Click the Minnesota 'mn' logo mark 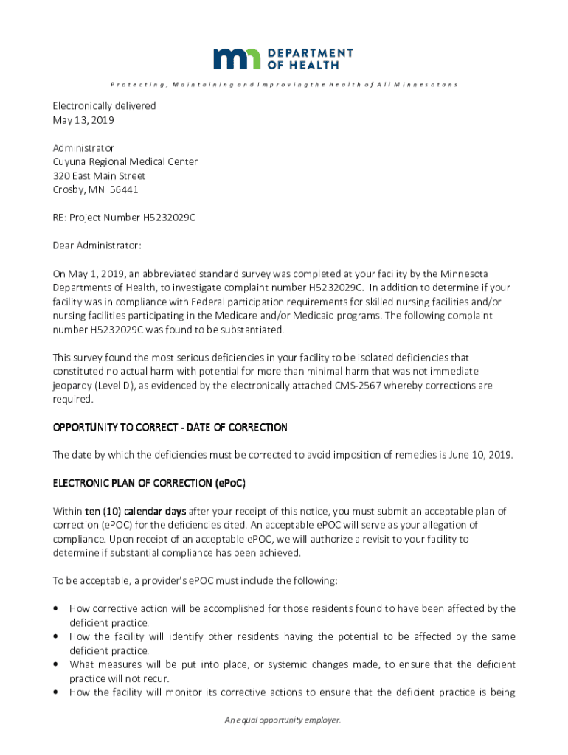point(237,59)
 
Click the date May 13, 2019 point(83,120)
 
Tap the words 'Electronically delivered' point(104,106)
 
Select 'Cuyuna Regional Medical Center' point(125,162)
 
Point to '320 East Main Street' point(99,176)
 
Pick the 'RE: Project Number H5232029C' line point(124,218)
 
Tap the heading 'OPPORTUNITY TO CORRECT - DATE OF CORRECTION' point(170,428)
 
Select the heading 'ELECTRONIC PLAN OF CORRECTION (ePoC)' point(149,484)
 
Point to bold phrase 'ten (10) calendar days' point(135,511)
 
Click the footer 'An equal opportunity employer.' point(283,720)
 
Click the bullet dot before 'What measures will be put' point(57,664)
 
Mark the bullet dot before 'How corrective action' point(57,608)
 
